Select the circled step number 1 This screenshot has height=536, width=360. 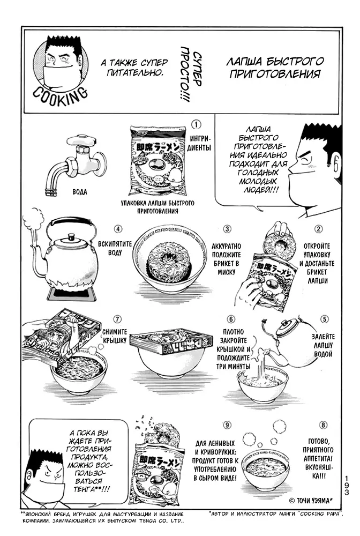click(196, 124)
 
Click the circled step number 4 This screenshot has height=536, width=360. click(118, 229)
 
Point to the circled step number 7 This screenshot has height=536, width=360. click(117, 319)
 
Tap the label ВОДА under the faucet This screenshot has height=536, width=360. click(80, 192)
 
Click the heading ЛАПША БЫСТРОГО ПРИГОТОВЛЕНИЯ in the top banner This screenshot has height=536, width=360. click(275, 68)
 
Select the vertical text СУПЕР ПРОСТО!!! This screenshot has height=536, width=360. click(191, 74)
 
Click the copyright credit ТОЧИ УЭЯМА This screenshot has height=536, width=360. click(311, 501)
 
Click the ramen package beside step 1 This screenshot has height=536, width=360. click(160, 161)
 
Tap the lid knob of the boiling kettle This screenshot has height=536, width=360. click(71, 236)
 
